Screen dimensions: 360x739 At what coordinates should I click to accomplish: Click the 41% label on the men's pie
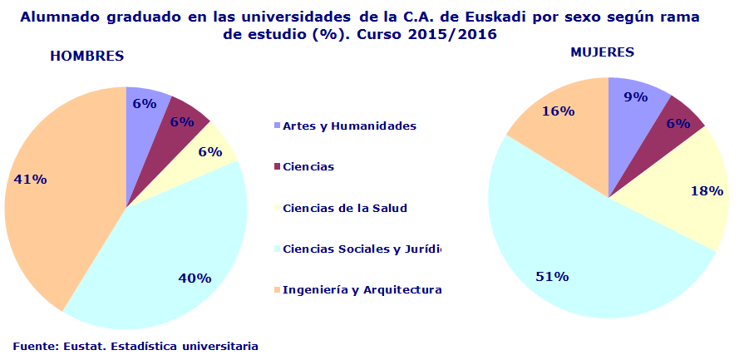click(x=29, y=179)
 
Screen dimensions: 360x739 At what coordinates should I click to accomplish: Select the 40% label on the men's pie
click(x=195, y=279)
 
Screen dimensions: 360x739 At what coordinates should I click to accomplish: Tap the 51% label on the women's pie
click(x=552, y=276)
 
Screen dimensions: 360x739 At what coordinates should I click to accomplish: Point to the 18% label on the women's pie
click(x=705, y=190)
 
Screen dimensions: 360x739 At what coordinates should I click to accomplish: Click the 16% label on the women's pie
click(x=556, y=111)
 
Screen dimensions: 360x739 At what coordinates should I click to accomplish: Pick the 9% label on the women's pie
click(x=636, y=96)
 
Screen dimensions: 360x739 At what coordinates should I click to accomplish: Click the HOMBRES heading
click(x=87, y=57)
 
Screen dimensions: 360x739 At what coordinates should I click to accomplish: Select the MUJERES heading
click(x=602, y=52)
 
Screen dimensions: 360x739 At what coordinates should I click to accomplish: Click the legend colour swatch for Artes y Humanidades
click(x=278, y=126)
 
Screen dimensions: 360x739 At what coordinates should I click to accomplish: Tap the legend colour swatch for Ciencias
click(x=278, y=167)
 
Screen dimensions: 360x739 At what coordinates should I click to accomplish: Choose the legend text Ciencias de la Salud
click(x=345, y=208)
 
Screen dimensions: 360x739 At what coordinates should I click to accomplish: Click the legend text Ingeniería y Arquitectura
click(x=362, y=290)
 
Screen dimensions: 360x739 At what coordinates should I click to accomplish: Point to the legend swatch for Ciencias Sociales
click(x=278, y=249)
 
